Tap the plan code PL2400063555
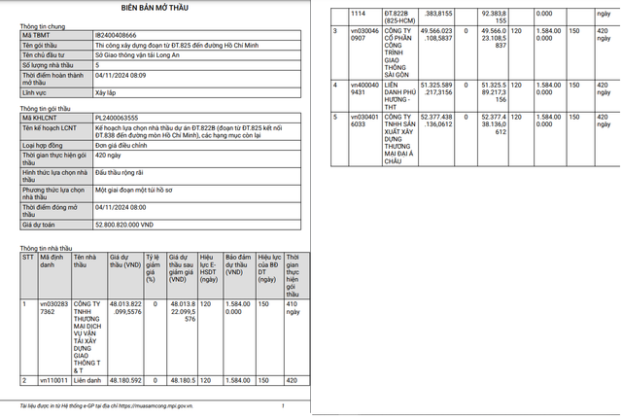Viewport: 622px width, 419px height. pos(122,119)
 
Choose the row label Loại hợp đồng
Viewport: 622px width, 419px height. pos(45,142)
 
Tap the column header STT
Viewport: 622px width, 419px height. pos(27,258)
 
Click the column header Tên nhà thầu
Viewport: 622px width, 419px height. pos(86,262)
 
